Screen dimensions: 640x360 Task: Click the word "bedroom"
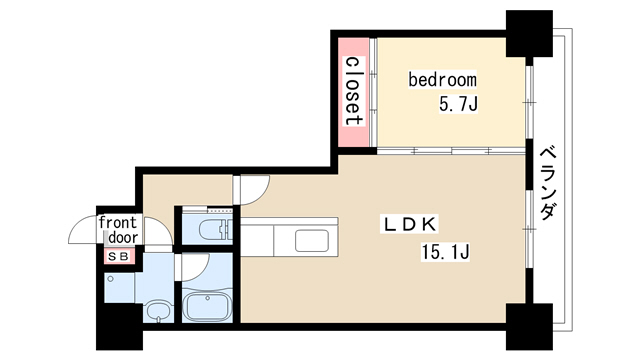pos(442,80)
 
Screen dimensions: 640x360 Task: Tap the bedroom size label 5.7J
pos(458,104)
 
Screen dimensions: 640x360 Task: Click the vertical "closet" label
pos(354,91)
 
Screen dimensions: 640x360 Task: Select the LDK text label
pos(409,224)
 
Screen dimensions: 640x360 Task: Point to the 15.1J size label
pos(445,251)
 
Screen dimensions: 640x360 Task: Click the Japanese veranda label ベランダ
pos(549,184)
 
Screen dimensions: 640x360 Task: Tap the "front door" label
pos(118,230)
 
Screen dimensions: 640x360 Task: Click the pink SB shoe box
pos(119,256)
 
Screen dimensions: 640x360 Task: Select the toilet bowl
pos(215,230)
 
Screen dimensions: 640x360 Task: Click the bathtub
pos(207,306)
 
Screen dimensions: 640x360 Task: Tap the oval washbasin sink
pos(159,310)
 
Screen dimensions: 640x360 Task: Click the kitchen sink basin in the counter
pos(312,241)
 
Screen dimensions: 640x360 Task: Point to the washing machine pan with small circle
pos(119,288)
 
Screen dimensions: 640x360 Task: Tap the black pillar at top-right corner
pos(529,33)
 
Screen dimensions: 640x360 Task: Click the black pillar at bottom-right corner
pos(529,327)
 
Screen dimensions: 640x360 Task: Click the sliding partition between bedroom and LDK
pos(451,151)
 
